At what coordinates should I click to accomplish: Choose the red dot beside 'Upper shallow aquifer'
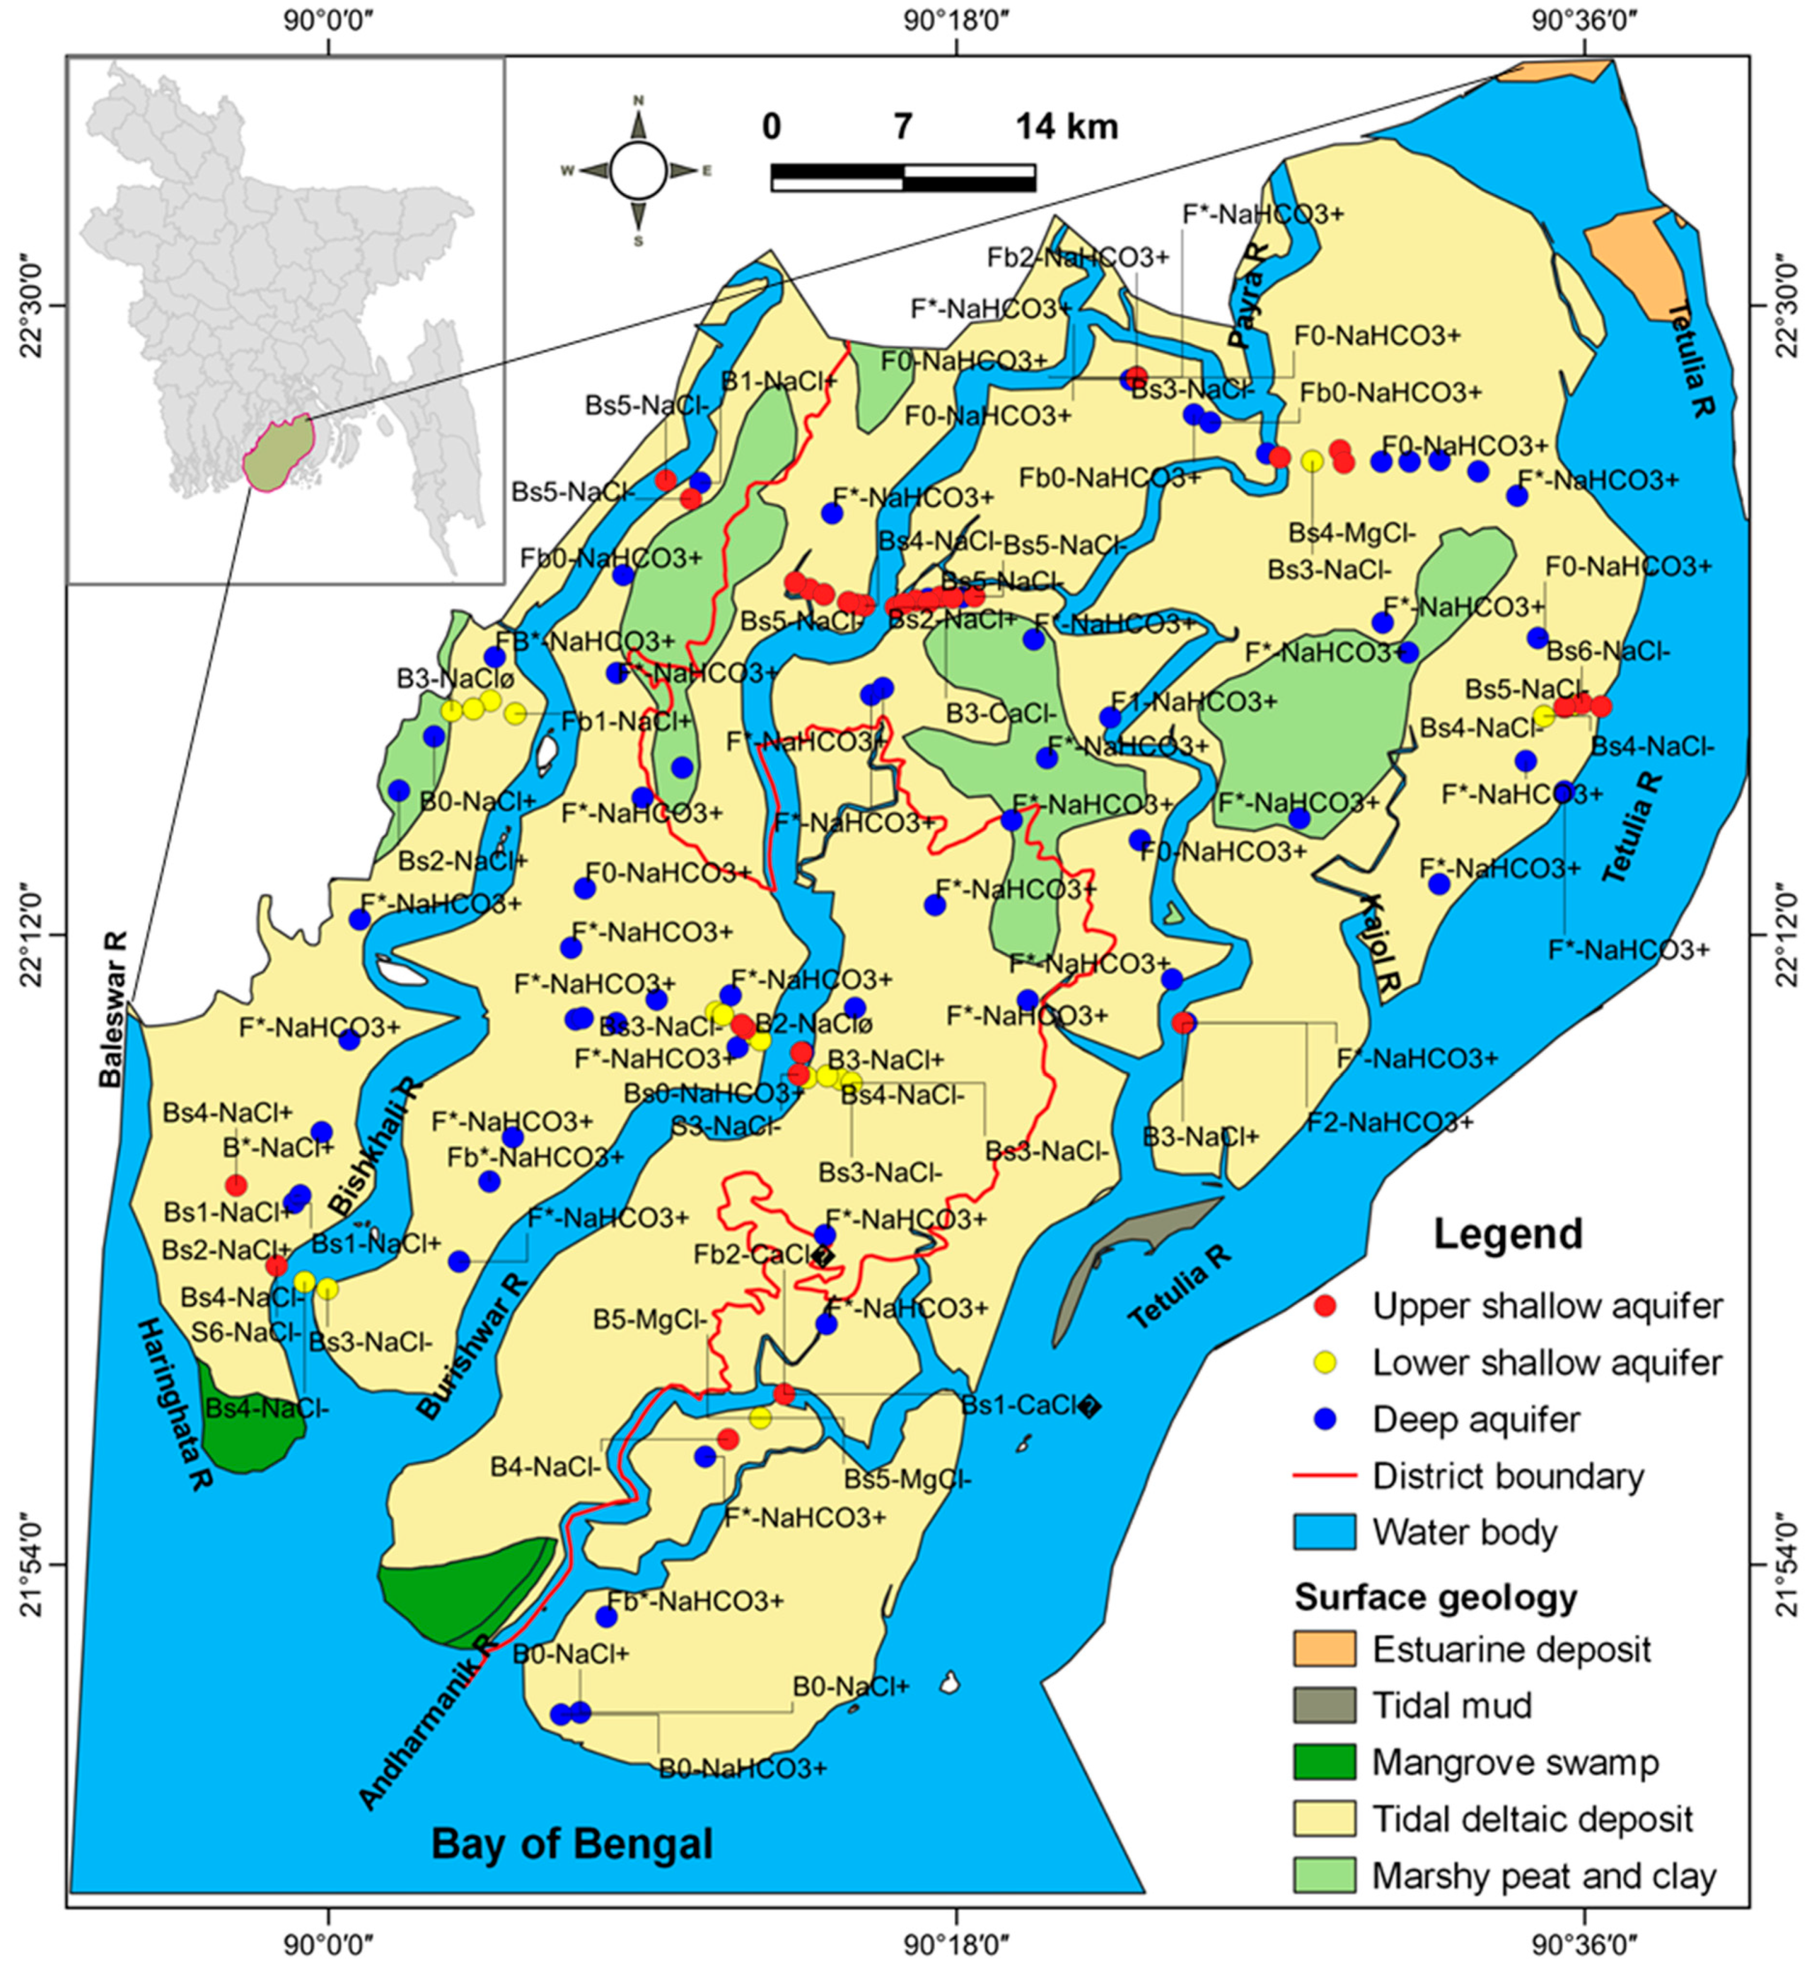click(1326, 1306)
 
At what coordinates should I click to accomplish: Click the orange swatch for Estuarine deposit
click(1324, 1648)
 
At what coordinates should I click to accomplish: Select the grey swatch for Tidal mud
click(1324, 1705)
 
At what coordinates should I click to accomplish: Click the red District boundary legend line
click(1324, 1476)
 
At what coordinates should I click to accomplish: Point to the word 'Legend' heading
click(1507, 1233)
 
